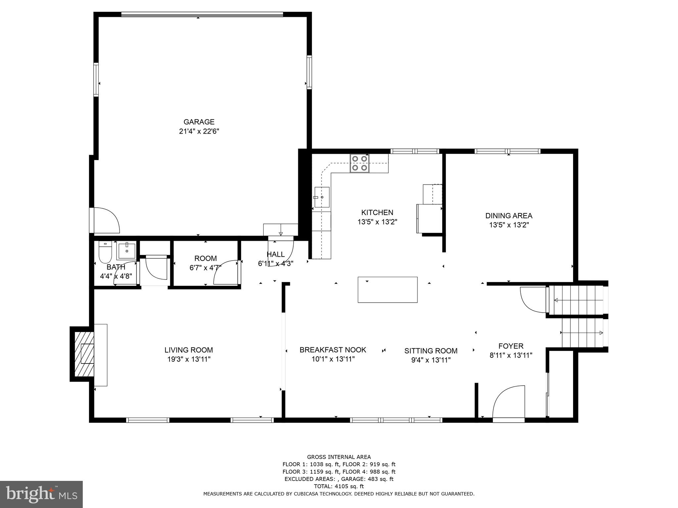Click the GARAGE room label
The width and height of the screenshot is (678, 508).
coord(199,122)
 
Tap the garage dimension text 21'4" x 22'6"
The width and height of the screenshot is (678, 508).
coord(199,131)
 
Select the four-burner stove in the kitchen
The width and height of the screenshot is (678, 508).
coord(360,163)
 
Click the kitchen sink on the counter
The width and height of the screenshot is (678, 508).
coord(321,197)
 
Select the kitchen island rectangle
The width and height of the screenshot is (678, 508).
coord(387,289)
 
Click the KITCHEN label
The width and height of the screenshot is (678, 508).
coord(377,212)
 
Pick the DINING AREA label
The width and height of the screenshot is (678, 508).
coord(508,216)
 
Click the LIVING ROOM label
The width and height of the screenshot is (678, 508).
coord(189,350)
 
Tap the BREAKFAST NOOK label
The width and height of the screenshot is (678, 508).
coord(333,350)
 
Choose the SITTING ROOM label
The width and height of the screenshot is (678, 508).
coord(431,351)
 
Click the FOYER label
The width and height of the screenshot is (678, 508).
coord(511,346)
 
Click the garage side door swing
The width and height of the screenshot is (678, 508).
coord(105,220)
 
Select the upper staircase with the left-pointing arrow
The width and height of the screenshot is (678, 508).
coord(578,300)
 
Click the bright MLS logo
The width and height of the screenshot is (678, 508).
coord(41,494)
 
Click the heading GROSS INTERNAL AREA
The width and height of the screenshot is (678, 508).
coord(339,457)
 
